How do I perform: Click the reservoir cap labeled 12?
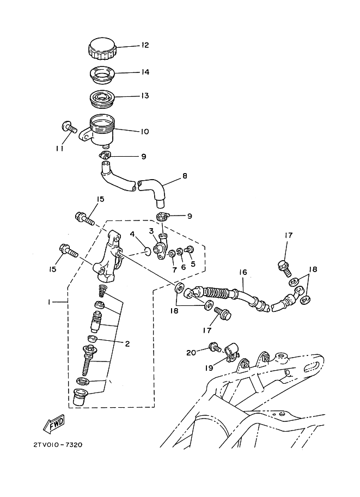(x=102, y=48)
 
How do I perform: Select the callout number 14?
(x=145, y=72)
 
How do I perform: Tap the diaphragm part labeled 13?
(x=102, y=97)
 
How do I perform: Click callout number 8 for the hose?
(x=185, y=176)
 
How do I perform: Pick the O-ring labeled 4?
(x=148, y=251)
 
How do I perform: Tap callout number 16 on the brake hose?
(x=243, y=272)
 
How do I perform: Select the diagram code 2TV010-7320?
(x=58, y=445)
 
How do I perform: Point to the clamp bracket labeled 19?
(x=232, y=352)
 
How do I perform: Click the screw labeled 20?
(x=215, y=348)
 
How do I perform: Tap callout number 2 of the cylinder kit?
(x=127, y=343)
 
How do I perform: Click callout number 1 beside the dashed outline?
(x=49, y=302)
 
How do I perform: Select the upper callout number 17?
(x=288, y=235)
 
